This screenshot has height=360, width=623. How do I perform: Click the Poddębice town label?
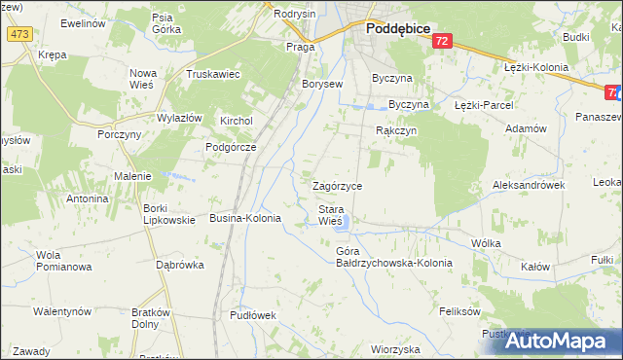click(398, 29)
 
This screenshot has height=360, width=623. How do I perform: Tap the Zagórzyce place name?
click(337, 185)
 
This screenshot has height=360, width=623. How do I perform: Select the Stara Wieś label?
click(330, 215)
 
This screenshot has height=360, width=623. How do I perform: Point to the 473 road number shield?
click(18, 34)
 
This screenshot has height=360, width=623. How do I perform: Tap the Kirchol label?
click(237, 121)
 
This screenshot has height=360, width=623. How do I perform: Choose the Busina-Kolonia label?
click(245, 219)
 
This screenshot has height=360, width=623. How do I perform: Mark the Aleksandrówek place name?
click(529, 184)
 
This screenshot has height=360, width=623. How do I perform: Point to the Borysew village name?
click(322, 85)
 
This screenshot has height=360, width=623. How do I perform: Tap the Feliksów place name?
click(460, 312)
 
